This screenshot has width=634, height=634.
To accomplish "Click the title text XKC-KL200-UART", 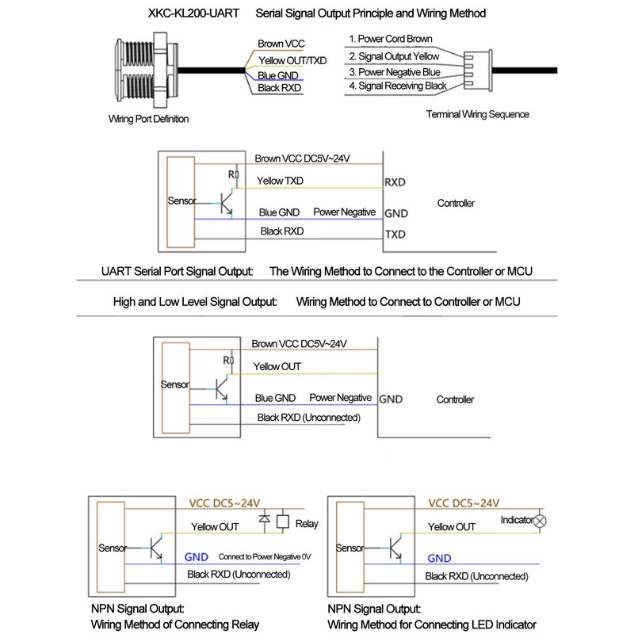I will (189, 13).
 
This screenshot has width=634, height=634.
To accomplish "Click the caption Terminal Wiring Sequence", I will (477, 114).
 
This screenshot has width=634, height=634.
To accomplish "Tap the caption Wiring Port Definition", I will (149, 120).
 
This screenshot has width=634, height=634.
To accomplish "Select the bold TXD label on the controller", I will (395, 235).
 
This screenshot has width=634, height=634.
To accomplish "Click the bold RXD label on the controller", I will (395, 182).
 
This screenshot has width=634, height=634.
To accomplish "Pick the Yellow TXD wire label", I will (279, 181).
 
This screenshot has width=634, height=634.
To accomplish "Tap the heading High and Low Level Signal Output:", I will (195, 302).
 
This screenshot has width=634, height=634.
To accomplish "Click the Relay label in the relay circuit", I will (306, 524).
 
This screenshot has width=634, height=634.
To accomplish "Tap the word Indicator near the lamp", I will (517, 521).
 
